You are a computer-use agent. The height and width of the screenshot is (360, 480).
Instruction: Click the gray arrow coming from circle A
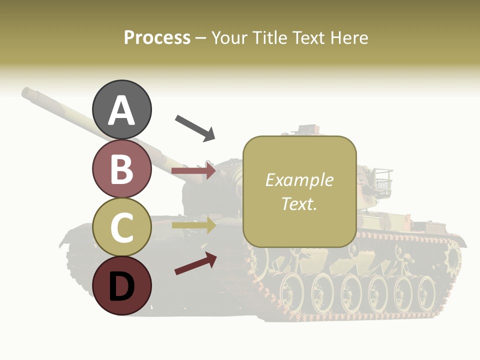(195, 128)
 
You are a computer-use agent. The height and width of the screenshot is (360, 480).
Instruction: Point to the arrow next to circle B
(193, 171)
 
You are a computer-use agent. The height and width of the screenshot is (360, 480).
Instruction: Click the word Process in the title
(157, 38)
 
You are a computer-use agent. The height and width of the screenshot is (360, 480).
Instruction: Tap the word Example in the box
(299, 180)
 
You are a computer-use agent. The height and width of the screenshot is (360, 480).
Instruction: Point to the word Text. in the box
(299, 203)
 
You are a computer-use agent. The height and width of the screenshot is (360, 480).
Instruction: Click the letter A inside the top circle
(122, 110)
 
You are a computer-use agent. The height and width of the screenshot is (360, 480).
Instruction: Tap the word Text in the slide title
(307, 38)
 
